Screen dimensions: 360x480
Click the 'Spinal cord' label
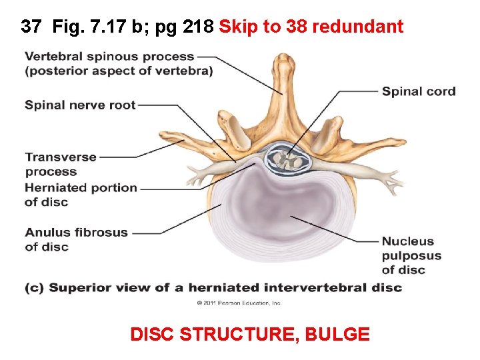(419, 92)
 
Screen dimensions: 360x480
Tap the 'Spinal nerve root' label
(80, 105)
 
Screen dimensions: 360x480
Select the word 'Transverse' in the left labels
(61, 157)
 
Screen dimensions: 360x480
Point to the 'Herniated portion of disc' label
(80, 195)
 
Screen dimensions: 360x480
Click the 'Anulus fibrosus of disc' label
(76, 239)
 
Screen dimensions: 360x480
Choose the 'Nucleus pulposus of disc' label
(411, 255)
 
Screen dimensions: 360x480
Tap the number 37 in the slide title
(31, 27)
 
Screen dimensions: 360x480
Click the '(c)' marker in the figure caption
(35, 288)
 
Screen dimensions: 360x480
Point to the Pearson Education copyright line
(239, 303)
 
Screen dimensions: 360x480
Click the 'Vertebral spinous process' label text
(110, 57)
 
